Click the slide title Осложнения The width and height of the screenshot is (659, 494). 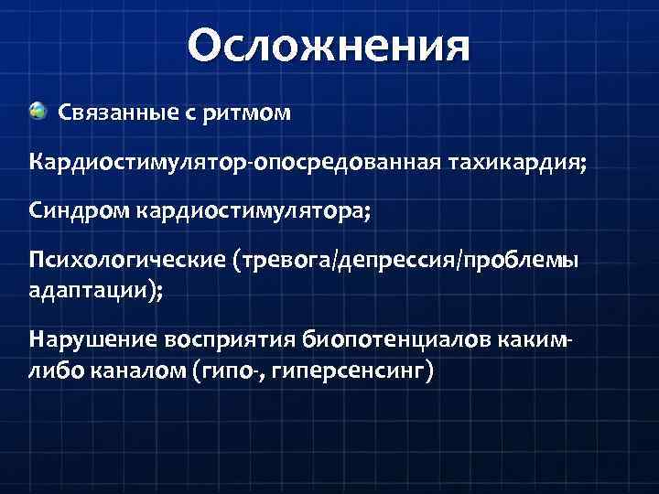coord(329,45)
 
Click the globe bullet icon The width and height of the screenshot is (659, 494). coord(38,112)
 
